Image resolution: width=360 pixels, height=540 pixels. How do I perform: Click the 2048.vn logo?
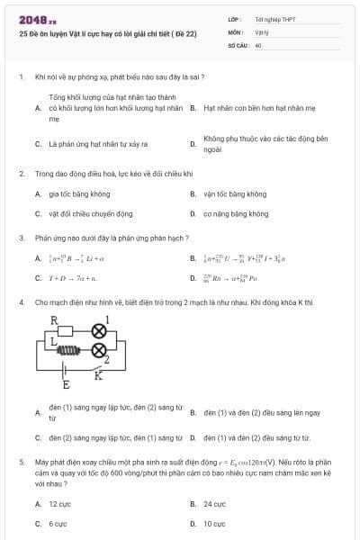(x=37, y=20)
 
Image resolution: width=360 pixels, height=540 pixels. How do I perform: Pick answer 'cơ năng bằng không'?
(x=236, y=214)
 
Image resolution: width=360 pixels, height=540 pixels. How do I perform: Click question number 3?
(x=21, y=238)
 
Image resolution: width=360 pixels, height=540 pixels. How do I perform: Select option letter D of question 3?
(x=193, y=279)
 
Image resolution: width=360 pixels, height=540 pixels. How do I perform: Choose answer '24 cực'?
(x=214, y=504)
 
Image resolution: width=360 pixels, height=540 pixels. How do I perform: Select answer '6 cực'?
(x=58, y=524)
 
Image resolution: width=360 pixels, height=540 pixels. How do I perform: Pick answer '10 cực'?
(x=214, y=524)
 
